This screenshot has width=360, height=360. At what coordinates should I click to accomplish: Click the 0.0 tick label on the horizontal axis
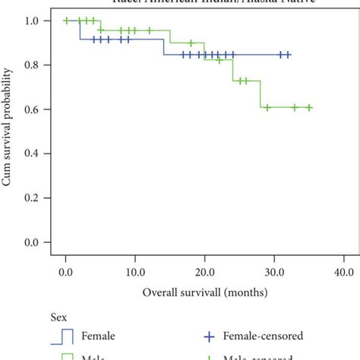coord(66,271)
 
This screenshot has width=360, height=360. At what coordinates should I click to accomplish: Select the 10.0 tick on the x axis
coord(134,271)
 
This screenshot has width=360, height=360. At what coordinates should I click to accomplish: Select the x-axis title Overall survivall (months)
coord(204,292)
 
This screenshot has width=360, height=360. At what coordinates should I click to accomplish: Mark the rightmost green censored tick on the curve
coord(309,107)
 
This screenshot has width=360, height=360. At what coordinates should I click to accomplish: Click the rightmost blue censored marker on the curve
coord(288,55)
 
